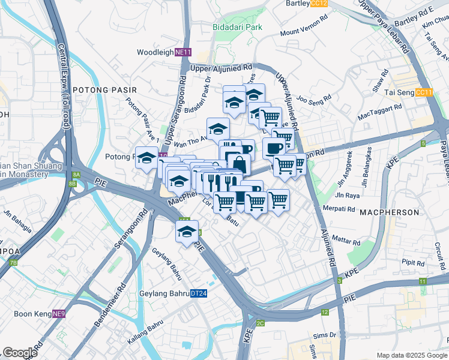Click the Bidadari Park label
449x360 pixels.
(x=237, y=27)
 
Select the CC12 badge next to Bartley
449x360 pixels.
(x=319, y=3)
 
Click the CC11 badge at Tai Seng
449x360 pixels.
(x=424, y=92)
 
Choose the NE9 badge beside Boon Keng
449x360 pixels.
(x=58, y=314)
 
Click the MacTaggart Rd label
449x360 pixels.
(x=379, y=111)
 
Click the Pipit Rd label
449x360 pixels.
(x=413, y=262)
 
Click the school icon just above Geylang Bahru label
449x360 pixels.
(x=187, y=232)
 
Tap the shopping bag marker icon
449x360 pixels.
(x=239, y=165)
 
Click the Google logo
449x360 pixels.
(x=20, y=353)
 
